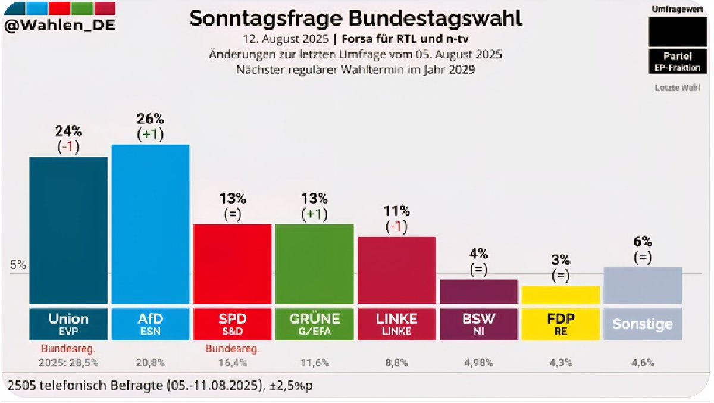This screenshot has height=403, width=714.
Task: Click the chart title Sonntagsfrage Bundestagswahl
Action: coord(356,18)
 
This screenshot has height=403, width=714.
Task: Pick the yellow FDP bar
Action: coord(560,295)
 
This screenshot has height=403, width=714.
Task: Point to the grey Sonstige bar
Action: coord(642,285)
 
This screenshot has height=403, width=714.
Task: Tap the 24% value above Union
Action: coord(68,130)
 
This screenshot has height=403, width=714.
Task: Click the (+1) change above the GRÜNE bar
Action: coord(314,214)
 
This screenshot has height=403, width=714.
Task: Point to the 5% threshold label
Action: coord(18,265)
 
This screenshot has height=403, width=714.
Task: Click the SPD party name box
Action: coord(233,323)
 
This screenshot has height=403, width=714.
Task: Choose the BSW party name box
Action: coord(478,323)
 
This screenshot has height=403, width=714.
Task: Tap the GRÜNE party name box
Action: coord(314,323)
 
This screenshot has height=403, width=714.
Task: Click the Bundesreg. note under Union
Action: coord(68,348)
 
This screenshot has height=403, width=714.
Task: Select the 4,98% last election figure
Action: coord(478,361)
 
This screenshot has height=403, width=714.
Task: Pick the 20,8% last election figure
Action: coord(150,361)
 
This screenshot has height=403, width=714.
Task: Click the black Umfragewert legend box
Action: coord(678,30)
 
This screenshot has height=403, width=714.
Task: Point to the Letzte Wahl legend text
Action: coord(678,89)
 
